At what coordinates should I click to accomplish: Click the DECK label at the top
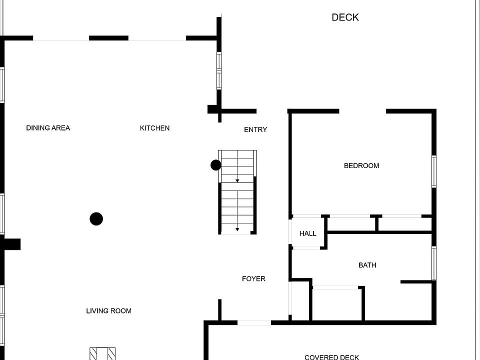click(x=345, y=17)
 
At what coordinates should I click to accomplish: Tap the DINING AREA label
click(x=48, y=128)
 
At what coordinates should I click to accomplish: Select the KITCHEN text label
click(x=154, y=128)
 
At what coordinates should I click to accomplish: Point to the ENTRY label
click(x=255, y=129)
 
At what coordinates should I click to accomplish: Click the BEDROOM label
click(x=361, y=165)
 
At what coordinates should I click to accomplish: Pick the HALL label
click(x=308, y=233)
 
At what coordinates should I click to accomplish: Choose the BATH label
click(x=367, y=265)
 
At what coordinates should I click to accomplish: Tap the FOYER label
click(x=253, y=278)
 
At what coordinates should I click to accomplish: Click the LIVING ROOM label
click(x=108, y=311)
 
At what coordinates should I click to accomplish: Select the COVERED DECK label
click(x=331, y=357)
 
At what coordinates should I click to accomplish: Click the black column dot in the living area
click(x=96, y=218)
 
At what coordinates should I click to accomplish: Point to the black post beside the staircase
click(x=216, y=165)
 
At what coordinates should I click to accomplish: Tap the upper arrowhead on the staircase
click(x=237, y=180)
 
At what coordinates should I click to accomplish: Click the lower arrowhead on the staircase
click(x=237, y=229)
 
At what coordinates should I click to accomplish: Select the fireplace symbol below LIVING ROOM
click(x=102, y=353)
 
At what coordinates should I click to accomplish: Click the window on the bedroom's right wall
click(x=434, y=171)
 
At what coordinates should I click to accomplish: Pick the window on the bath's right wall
click(x=434, y=263)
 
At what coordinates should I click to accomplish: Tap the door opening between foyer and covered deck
click(x=254, y=323)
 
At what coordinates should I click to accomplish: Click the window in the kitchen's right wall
click(x=218, y=70)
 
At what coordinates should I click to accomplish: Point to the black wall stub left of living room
click(x=11, y=244)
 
